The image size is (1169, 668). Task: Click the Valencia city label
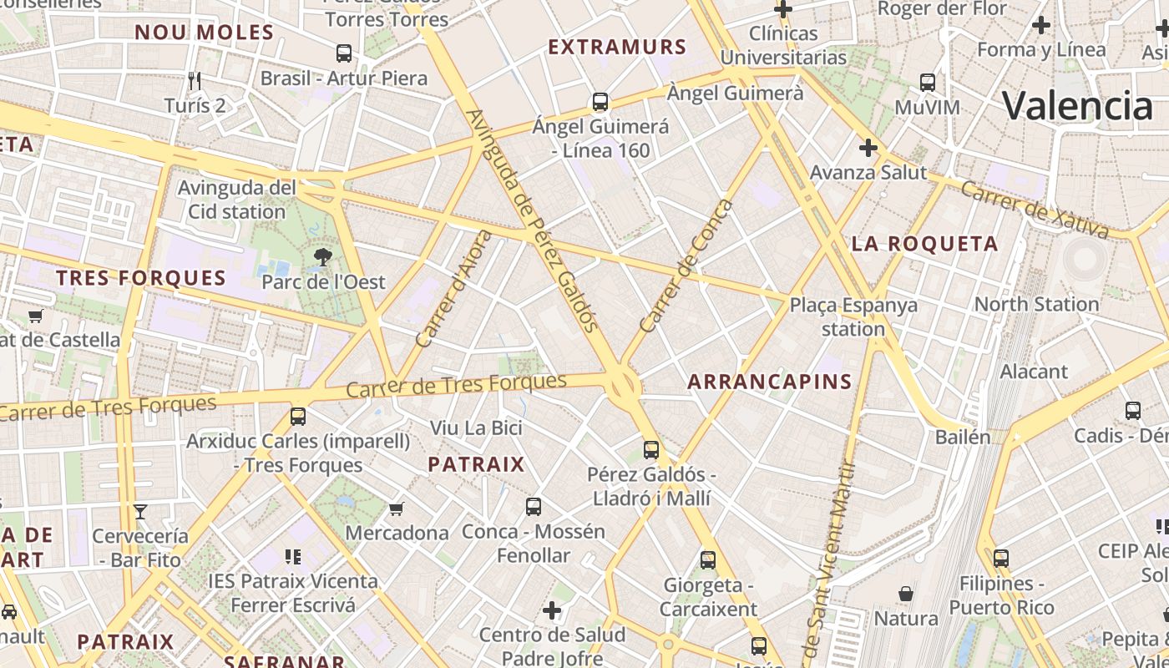(x=1077, y=106)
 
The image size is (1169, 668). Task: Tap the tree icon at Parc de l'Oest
(x=322, y=257)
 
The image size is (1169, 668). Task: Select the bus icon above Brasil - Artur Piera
(x=343, y=53)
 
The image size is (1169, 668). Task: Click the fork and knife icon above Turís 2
(x=195, y=81)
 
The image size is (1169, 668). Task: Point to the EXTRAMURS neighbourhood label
(x=617, y=47)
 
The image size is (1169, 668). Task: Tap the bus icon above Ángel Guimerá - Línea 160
(x=600, y=102)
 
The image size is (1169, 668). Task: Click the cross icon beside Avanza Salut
(x=868, y=148)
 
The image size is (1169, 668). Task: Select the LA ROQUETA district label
(x=924, y=244)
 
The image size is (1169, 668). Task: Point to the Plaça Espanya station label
(x=853, y=316)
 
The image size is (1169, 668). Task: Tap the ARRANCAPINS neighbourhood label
(x=769, y=382)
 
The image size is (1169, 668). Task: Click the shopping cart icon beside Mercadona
(x=397, y=508)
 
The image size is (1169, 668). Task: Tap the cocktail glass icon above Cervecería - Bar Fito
(x=140, y=511)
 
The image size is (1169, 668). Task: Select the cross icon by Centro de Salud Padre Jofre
(x=552, y=610)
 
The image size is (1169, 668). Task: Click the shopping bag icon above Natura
(x=906, y=594)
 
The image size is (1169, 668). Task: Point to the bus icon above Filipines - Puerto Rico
(x=1000, y=558)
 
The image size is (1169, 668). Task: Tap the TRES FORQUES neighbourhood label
(x=141, y=278)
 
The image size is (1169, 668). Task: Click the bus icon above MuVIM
(x=928, y=83)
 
